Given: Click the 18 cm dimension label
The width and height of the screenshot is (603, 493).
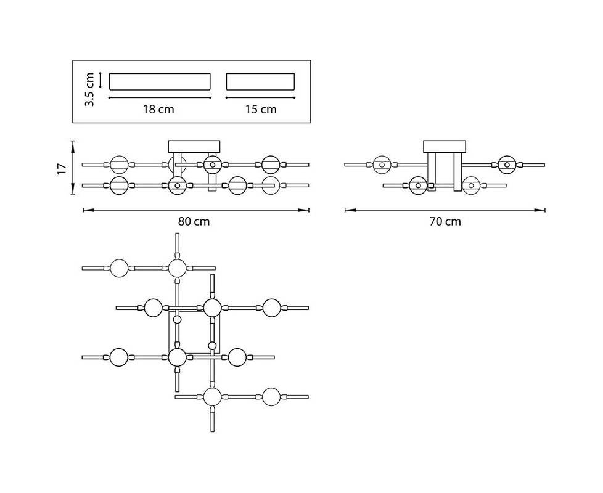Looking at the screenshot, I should pos(159,110).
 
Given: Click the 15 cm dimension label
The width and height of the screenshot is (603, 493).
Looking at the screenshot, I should pos(260,110).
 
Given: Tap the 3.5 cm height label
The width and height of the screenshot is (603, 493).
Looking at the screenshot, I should pos(90,89).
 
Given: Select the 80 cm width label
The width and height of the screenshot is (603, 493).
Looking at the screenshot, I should pos(194,222).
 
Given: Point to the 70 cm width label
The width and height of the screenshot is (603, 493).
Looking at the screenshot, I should pos(445,222).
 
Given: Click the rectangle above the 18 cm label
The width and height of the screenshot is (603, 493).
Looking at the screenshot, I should pos(160,82).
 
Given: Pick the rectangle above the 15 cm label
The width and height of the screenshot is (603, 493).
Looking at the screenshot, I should pos(260,82).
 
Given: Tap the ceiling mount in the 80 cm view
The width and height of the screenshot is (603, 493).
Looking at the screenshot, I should pos(194,146).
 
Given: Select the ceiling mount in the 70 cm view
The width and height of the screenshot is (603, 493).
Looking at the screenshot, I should pos(444,146).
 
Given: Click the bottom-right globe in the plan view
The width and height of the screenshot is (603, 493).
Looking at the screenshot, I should pos(271,397).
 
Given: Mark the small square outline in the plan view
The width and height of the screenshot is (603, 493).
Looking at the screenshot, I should pos(194,333).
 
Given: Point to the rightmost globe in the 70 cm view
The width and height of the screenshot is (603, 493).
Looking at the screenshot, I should pos(507,165).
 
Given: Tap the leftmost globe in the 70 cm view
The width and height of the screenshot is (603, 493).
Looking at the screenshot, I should pos(382,165).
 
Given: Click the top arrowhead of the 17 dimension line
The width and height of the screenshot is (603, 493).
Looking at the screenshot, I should pos(73,144).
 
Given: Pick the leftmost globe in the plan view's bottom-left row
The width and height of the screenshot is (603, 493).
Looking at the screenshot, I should pos(118,356).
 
